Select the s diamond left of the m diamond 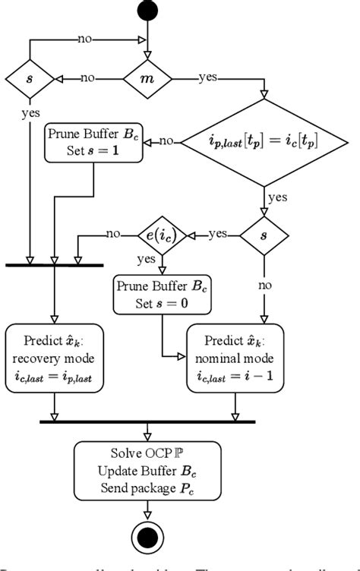click(30, 78)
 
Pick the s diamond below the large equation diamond click(264, 235)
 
